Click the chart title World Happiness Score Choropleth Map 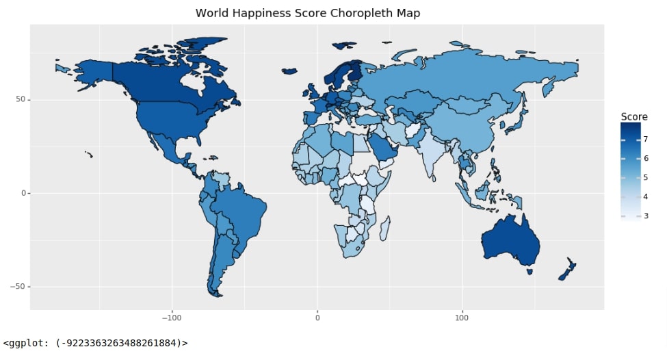click(x=308, y=13)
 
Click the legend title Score click(x=633, y=116)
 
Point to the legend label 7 click(x=645, y=139)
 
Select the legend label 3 click(x=645, y=216)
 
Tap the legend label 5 click(x=645, y=177)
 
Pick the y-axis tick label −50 click(x=18, y=287)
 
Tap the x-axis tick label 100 click(x=462, y=318)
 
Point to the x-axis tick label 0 click(x=317, y=318)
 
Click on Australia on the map click(x=510, y=240)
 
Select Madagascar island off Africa click(x=384, y=229)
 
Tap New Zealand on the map click(x=567, y=270)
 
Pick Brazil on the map click(x=239, y=212)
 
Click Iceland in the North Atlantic click(x=289, y=70)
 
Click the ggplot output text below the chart click(x=95, y=343)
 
